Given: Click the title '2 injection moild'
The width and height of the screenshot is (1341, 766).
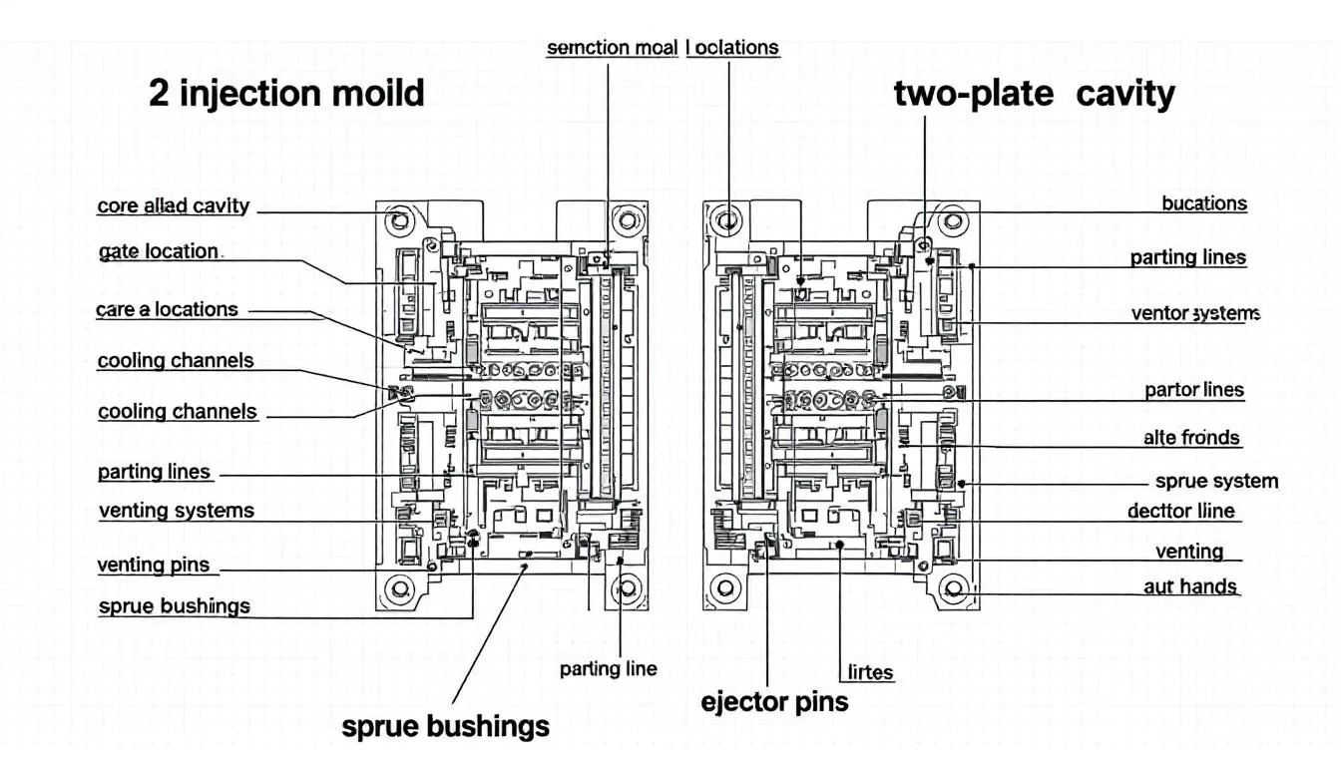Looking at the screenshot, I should (x=286, y=94).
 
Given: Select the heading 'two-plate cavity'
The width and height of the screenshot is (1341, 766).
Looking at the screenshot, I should (x=1034, y=94).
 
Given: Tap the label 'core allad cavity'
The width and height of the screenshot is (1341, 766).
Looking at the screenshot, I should (x=173, y=206).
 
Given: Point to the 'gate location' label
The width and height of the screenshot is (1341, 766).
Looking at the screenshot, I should (x=159, y=251).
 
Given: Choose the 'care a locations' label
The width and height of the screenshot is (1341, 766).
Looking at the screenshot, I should (x=167, y=309).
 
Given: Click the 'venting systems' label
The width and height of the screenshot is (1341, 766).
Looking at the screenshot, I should (x=177, y=511).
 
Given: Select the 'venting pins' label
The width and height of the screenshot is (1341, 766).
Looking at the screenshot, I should (x=154, y=565).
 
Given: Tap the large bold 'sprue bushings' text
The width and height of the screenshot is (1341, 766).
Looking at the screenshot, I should (x=445, y=725).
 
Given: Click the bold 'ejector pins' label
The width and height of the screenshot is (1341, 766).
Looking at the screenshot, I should (x=774, y=701).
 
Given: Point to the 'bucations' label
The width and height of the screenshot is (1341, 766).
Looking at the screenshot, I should (x=1204, y=203).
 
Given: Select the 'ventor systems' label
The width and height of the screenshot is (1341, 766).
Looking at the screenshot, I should (x=1195, y=313).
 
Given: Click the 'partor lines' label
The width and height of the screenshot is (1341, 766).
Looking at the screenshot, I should (x=1194, y=390).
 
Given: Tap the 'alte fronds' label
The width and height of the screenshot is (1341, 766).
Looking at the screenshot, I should (x=1191, y=437).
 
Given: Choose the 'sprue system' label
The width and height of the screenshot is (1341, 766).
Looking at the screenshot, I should (x=1216, y=481).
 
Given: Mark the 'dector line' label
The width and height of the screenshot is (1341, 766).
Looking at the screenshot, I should (x=1180, y=511).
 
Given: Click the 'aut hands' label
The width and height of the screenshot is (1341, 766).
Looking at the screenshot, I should (x=1190, y=586).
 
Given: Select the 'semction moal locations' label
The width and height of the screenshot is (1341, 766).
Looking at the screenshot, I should (x=663, y=47).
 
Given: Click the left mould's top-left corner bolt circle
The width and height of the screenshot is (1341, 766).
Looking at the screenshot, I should (x=401, y=218).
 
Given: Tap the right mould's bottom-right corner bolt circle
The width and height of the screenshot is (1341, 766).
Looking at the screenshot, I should (x=954, y=587).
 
